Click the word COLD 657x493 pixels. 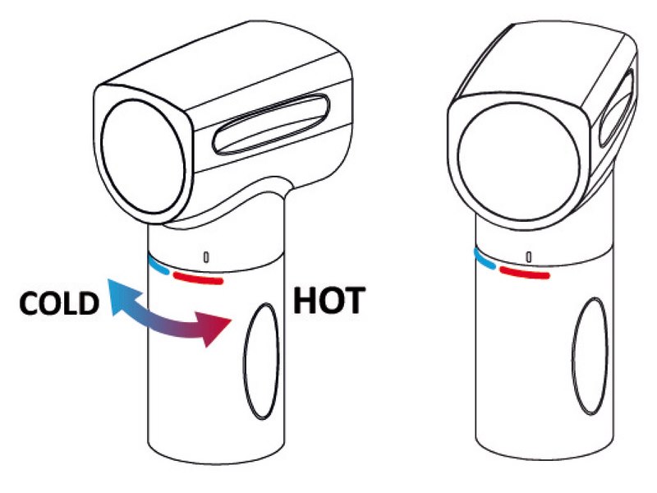tap(59, 302)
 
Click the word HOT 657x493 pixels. tap(329, 300)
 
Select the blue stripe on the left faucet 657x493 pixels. tap(159, 267)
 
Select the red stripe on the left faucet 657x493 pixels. tap(198, 277)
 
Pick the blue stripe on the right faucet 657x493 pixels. tap(484, 258)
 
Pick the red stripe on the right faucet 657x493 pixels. tap(524, 272)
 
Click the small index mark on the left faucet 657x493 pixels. tap(206, 257)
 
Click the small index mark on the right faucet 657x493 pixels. tap(529, 256)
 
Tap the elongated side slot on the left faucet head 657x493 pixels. tap(272, 124)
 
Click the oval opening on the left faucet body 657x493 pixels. tap(261, 361)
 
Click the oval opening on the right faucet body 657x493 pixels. tap(590, 357)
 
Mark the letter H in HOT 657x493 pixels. tap(306, 300)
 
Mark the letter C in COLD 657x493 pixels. tap(30, 303)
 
